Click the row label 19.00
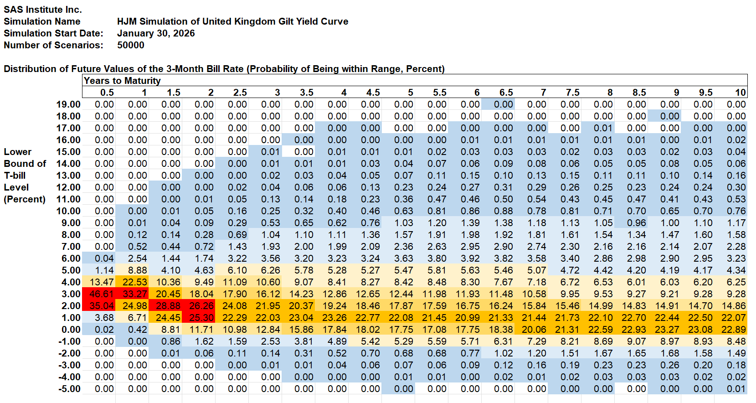pyautogui.click(x=68, y=104)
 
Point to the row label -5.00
pyautogui.click(x=70, y=389)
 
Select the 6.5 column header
pyautogui.click(x=506, y=93)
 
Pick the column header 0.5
pyautogui.click(x=107, y=93)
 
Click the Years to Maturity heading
pyautogui.click(x=122, y=81)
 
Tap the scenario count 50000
pyautogui.click(x=131, y=45)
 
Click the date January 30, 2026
pyautogui.click(x=156, y=33)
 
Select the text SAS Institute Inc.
pyautogui.click(x=43, y=10)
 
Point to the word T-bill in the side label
pyautogui.click(x=15, y=176)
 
